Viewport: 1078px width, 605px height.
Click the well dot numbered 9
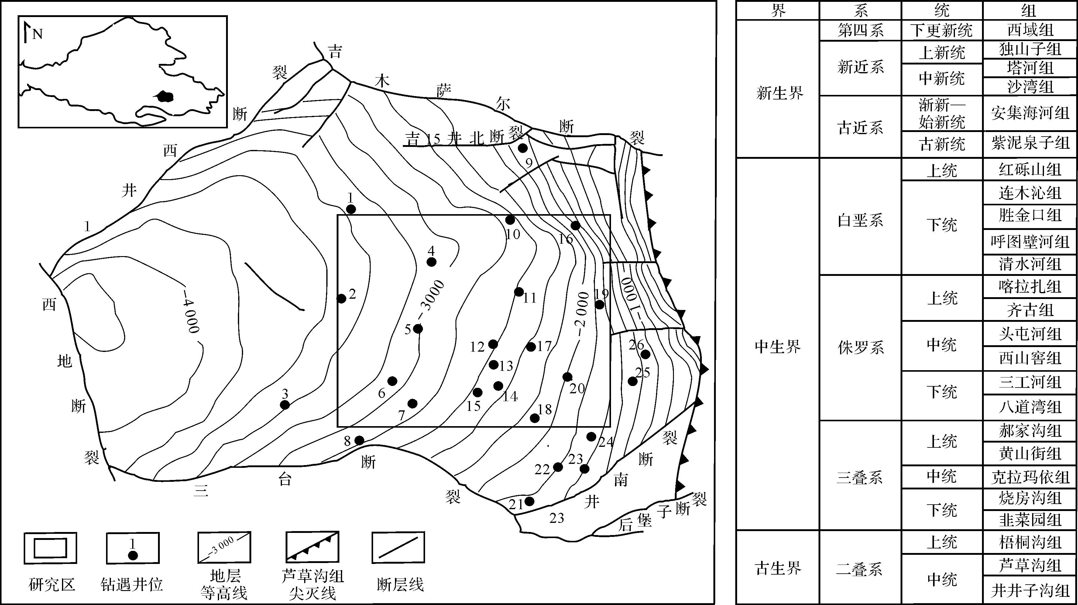tap(523, 148)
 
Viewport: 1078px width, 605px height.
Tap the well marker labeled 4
tap(431, 262)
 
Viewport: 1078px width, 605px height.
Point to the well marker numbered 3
tap(285, 405)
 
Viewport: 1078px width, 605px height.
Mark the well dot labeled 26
tap(646, 354)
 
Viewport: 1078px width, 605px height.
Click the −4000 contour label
tap(191, 310)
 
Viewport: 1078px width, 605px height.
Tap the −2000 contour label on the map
tap(582, 314)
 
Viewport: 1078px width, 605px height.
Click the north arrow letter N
tap(38, 33)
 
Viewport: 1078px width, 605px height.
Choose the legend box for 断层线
tap(398, 548)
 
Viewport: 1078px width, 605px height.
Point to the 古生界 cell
tap(778, 568)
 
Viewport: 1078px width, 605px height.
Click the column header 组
tap(1030, 10)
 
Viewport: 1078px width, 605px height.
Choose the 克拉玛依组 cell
tap(1030, 477)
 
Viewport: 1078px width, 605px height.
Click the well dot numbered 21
tap(529, 501)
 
